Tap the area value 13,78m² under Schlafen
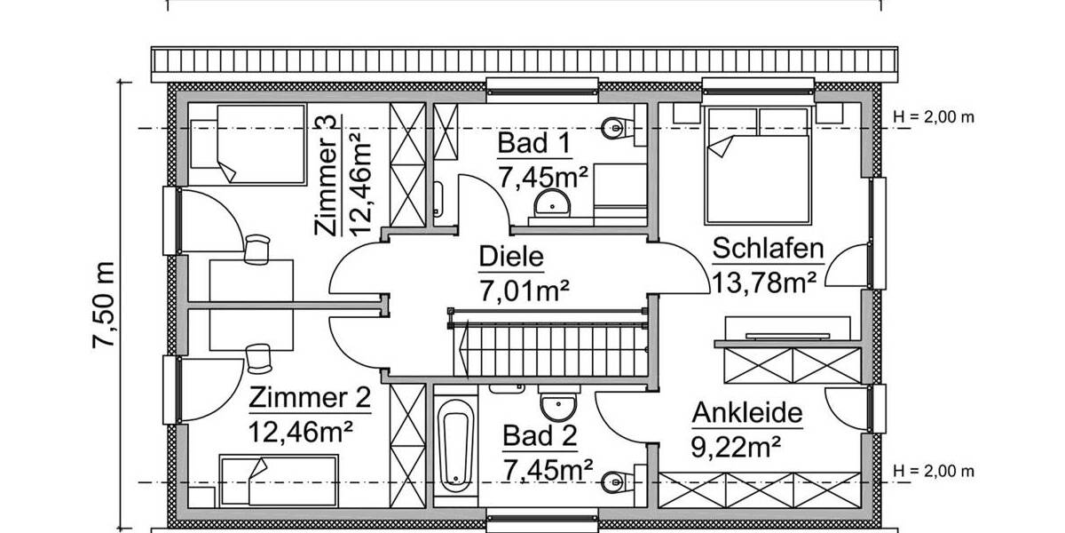point(764,282)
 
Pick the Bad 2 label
point(540,436)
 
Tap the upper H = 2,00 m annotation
point(934,116)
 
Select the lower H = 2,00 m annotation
point(934,470)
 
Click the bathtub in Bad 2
point(454,444)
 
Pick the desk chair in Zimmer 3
point(256,249)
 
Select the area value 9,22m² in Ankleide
point(737,444)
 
